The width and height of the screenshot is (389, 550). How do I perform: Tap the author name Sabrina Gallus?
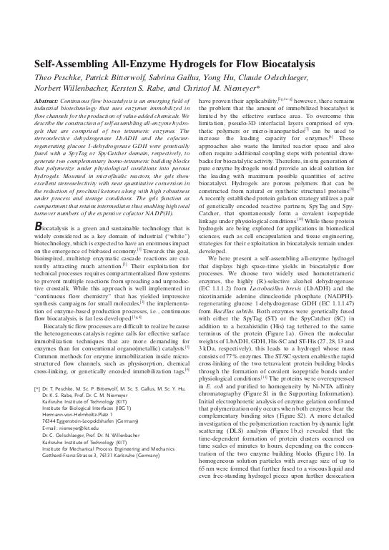164,79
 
